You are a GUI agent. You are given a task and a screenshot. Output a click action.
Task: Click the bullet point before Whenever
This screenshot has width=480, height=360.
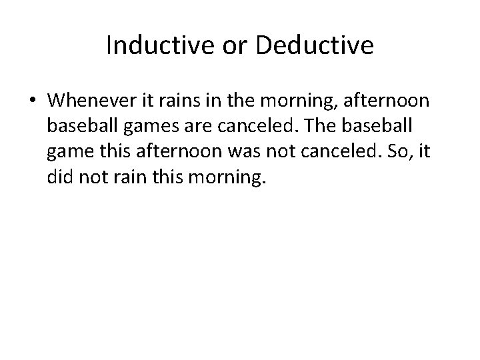tap(33, 101)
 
